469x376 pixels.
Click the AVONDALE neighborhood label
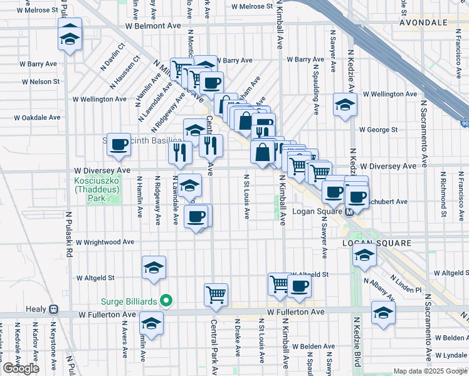[423, 22]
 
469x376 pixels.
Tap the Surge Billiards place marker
[166, 301]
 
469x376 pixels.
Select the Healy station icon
[55, 309]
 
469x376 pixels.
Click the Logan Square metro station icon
[350, 211]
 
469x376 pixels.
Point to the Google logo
[21, 368]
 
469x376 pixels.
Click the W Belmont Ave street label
[152, 26]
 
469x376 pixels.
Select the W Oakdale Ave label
[40, 117]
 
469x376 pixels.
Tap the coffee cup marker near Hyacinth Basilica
[118, 144]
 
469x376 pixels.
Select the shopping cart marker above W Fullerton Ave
[216, 293]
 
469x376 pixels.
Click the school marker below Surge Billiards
[151, 323]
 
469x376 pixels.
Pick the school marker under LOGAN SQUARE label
[364, 254]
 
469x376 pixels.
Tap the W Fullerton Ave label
[295, 311]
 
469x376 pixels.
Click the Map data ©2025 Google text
[429, 371]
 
